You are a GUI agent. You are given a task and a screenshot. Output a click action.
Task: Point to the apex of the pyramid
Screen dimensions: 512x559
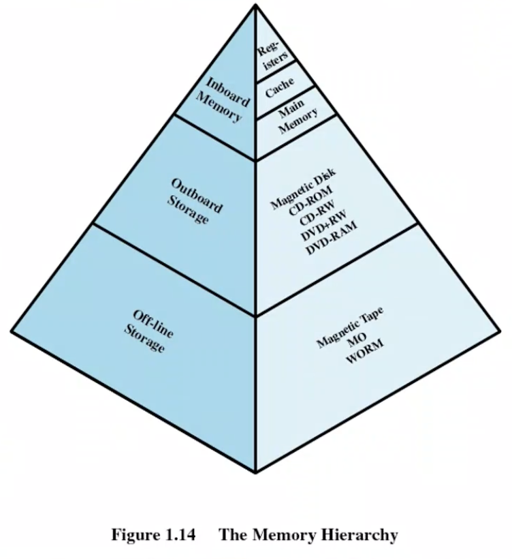point(256,5)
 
